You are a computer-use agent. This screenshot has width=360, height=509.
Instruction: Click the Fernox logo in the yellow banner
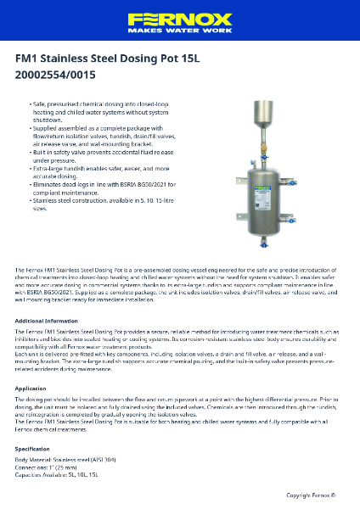[180, 18]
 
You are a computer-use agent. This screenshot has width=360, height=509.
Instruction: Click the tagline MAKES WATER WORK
[180, 30]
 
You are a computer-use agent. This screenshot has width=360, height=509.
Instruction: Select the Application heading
[31, 388]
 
